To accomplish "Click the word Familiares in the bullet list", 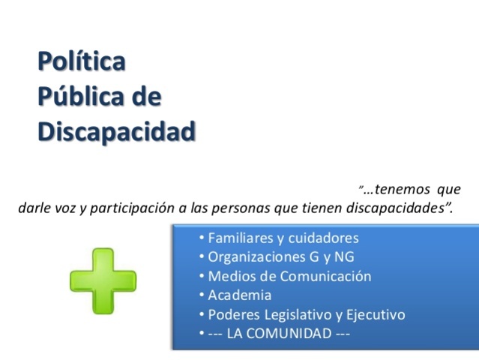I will pos(239,238).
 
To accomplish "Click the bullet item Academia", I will pos(240,295).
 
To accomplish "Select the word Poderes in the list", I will pos(232,314).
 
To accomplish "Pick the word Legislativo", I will pos(298,314).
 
